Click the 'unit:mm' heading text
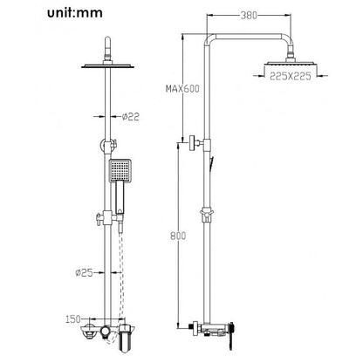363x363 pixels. tap(75, 13)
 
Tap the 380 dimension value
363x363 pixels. tap(249, 15)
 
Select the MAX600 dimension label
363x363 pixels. tap(182, 88)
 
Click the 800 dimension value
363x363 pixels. tap(178, 236)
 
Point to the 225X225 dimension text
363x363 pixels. tap(291, 76)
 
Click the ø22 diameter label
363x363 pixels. tap(131, 117)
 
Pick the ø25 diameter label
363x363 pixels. tap(84, 272)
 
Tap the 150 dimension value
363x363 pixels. tap(73, 319)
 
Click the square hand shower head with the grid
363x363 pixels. tap(120, 170)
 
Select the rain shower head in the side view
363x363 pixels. tap(290, 64)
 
